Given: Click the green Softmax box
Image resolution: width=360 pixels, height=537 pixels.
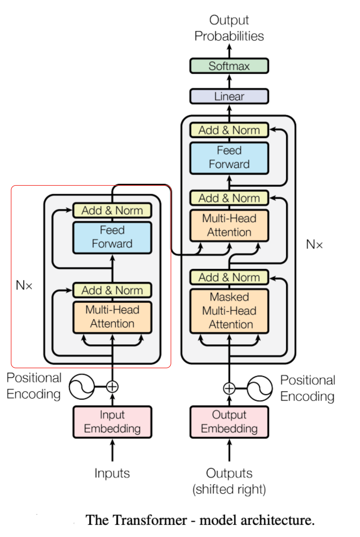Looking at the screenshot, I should pyautogui.click(x=229, y=66).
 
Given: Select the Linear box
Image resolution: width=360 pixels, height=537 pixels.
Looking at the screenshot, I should pyautogui.click(x=229, y=96).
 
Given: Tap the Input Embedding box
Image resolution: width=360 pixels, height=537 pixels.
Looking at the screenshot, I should pyautogui.click(x=112, y=422).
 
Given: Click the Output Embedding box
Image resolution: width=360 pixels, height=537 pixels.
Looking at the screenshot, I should pyautogui.click(x=229, y=422).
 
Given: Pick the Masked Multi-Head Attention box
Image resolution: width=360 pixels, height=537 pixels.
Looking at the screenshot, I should pyautogui.click(x=229, y=311).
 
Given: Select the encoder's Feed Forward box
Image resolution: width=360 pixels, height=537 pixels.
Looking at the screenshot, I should pyautogui.click(x=112, y=237).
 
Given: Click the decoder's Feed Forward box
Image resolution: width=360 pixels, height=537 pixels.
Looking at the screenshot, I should pyautogui.click(x=229, y=158).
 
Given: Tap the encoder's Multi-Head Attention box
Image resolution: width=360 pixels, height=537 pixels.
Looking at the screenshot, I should pyautogui.click(x=112, y=317).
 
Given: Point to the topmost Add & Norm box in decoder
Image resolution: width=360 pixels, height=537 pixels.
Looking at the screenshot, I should pyautogui.click(x=229, y=130).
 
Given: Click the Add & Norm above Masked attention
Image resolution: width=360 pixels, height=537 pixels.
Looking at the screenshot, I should pyautogui.click(x=229, y=277).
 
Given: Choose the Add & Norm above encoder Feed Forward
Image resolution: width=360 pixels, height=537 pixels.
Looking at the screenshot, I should pyautogui.click(x=112, y=210).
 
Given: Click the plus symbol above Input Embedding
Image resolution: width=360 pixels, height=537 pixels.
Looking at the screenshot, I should pyautogui.click(x=112, y=387).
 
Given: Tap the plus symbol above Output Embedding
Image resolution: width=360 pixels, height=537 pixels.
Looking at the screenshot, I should pyautogui.click(x=229, y=388).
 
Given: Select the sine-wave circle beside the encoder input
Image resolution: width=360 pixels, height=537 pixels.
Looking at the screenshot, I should pyautogui.click(x=82, y=387).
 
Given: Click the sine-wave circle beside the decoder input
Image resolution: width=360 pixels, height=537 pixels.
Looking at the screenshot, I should pyautogui.click(x=260, y=388).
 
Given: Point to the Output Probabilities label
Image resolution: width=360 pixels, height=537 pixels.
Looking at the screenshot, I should pyautogui.click(x=229, y=28).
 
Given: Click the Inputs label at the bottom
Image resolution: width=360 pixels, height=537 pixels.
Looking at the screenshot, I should pyautogui.click(x=112, y=473).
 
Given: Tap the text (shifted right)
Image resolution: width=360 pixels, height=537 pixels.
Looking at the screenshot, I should pyautogui.click(x=229, y=489).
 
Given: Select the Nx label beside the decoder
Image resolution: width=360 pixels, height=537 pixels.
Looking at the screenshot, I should pyautogui.click(x=314, y=244).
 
